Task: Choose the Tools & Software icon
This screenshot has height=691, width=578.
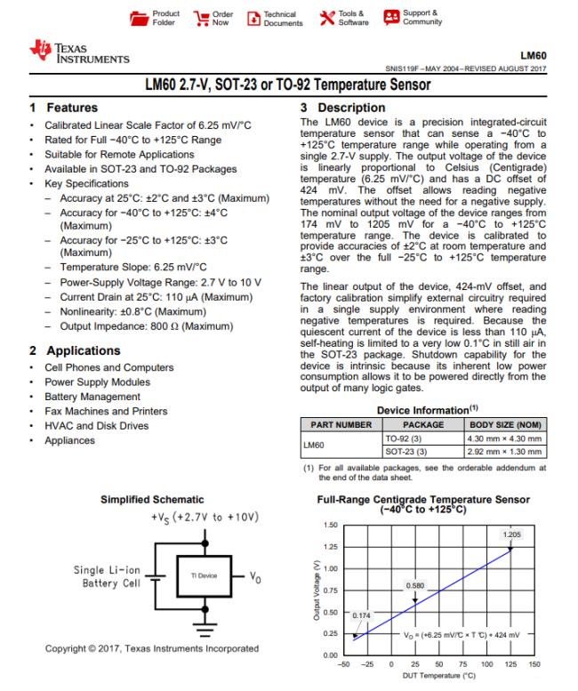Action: click(324, 19)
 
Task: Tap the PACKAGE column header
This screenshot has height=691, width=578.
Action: click(410, 425)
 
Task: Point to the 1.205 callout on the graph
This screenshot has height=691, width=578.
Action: click(511, 534)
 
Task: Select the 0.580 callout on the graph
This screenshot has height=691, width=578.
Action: click(414, 585)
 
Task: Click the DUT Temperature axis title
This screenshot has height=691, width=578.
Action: click(435, 677)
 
